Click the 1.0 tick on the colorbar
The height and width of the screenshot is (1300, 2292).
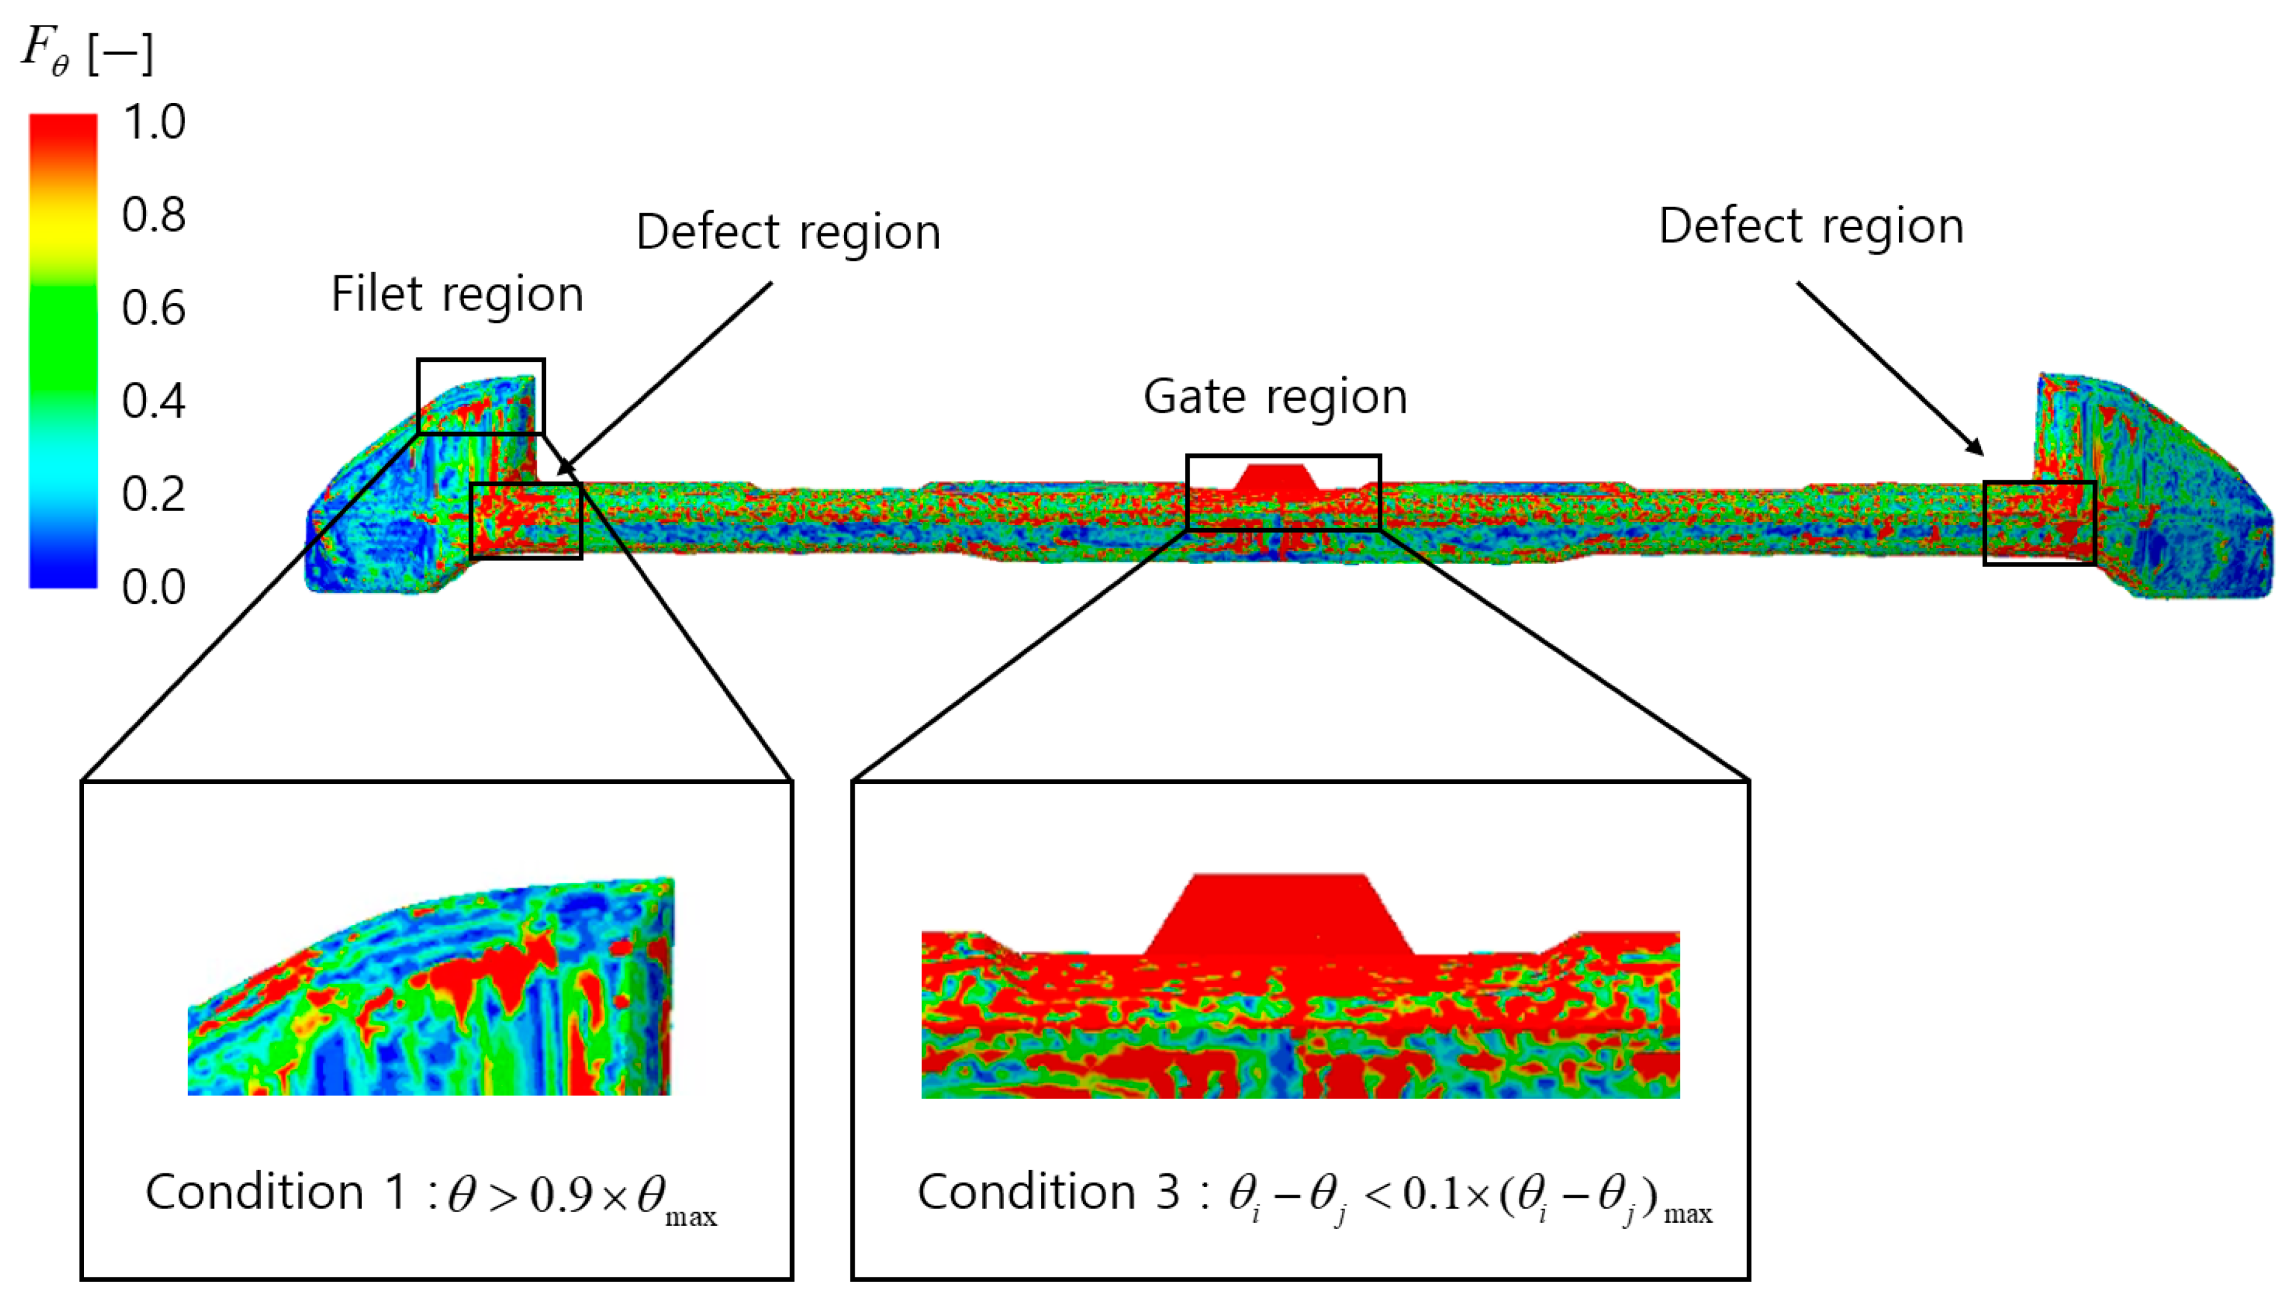coord(154,122)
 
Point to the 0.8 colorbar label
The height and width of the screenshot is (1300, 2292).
coord(154,215)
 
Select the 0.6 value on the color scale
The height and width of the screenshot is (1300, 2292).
coord(154,308)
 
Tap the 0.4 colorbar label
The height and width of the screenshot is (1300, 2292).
coord(154,401)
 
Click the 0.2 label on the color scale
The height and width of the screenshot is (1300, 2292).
coord(154,494)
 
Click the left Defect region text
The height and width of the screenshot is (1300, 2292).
coord(788,232)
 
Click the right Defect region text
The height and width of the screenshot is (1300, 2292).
coord(1811,226)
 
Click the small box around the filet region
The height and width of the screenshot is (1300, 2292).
coord(480,396)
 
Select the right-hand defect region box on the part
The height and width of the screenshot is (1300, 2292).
coord(2039,522)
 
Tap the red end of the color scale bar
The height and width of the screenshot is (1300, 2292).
coord(63,134)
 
